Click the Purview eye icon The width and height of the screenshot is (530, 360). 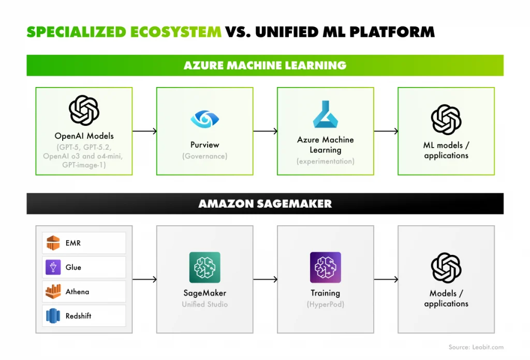tap(204, 119)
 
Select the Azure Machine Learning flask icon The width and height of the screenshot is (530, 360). tap(325, 114)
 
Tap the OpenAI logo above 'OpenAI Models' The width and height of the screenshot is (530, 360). tap(84, 110)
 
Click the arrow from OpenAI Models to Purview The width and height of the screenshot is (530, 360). tap(144, 131)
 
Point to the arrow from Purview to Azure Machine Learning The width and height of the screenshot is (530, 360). tap(265, 131)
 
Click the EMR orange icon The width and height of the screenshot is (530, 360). tap(53, 243)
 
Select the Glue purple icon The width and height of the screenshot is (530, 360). tap(53, 267)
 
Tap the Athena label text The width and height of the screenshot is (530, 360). tap(77, 292)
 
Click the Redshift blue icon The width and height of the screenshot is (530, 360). tap(53, 316)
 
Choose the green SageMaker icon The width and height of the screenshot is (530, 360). tap(204, 267)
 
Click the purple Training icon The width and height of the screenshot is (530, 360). tap(325, 267)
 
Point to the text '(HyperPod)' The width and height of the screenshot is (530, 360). tap(325, 304)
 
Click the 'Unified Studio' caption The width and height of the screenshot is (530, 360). tap(204, 304)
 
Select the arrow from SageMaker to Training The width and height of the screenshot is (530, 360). tap(265, 280)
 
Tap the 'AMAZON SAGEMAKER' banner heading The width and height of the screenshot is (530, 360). tap(265, 204)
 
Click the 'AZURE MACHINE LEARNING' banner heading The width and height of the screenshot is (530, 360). tap(265, 65)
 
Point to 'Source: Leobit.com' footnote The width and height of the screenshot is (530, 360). tap(476, 347)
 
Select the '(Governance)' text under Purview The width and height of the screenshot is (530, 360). tap(204, 156)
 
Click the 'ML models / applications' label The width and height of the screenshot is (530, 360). tap(446, 150)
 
